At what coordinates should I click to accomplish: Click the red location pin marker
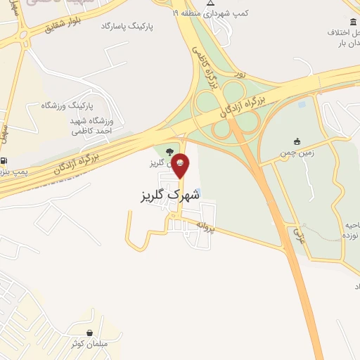pos(181,165)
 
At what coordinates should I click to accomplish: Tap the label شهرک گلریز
pos(166,195)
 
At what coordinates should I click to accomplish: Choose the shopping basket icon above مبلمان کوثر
pos(89,332)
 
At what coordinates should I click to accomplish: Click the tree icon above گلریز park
pos(169,151)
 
